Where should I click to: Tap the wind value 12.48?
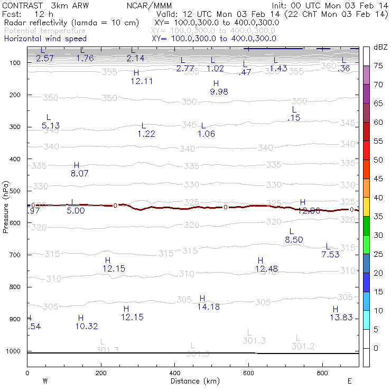click(x=266, y=269)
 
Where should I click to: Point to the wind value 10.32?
click(x=87, y=326)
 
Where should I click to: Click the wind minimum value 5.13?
click(x=50, y=126)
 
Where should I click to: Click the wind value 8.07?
click(x=79, y=173)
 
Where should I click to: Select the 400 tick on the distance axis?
click(x=175, y=373)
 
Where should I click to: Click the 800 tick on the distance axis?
click(x=323, y=373)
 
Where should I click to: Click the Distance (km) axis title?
click(x=192, y=381)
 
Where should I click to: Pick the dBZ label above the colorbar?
click(x=380, y=48)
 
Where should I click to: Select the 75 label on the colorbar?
click(x=378, y=66)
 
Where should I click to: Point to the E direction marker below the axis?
click(x=349, y=380)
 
